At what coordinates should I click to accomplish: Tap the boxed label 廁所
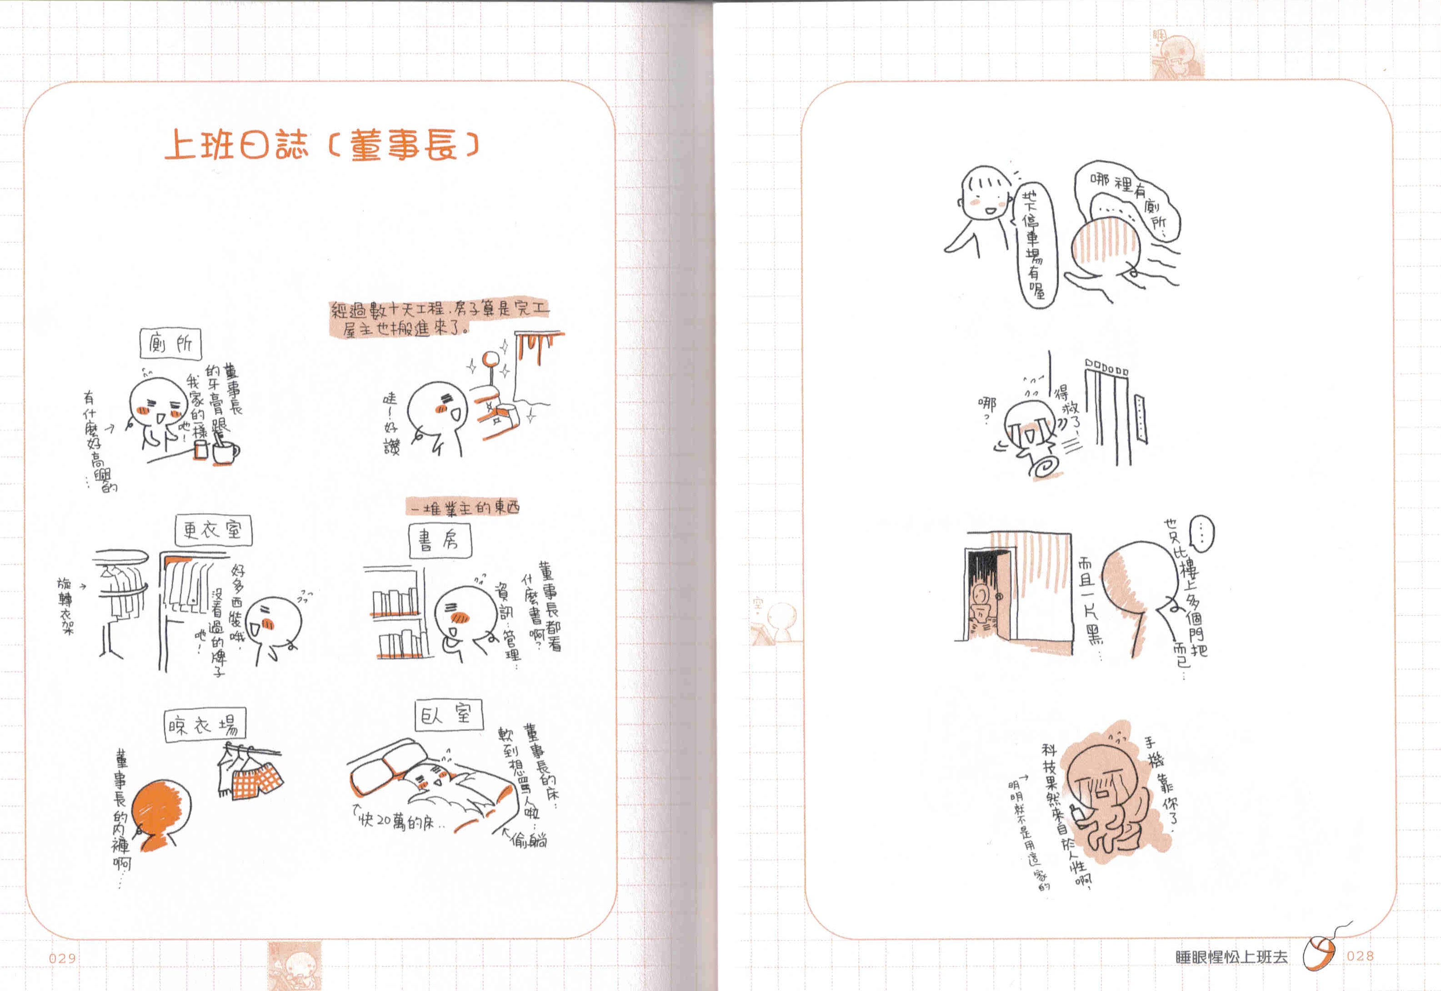tap(171, 343)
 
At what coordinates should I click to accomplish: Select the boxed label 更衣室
tap(213, 530)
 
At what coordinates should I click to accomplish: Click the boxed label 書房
tap(439, 540)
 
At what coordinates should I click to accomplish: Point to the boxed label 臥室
tap(448, 716)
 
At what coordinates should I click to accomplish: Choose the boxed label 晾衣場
tap(205, 725)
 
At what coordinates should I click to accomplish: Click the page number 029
tap(63, 958)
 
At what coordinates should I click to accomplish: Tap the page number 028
tap(1360, 956)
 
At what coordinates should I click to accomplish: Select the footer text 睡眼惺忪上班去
tap(1231, 957)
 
